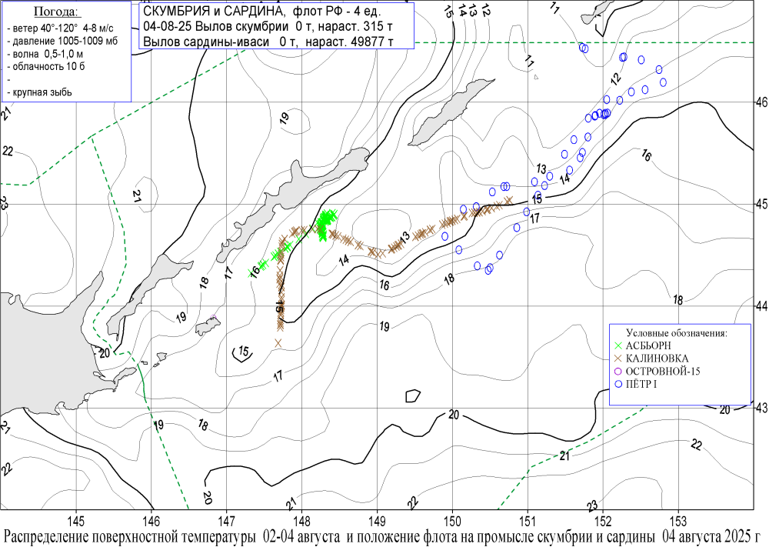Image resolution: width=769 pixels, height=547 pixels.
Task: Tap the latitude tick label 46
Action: pyautogui.click(x=761, y=102)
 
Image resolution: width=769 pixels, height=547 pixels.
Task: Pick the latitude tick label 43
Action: pyautogui.click(x=761, y=407)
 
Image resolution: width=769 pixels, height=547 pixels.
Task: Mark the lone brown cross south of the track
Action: pyautogui.click(x=278, y=342)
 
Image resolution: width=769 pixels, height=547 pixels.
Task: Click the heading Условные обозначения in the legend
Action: pyautogui.click(x=677, y=333)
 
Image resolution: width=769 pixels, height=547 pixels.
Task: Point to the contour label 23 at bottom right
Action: pyautogui.click(x=591, y=505)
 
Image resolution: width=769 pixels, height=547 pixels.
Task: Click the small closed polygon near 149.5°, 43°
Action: pyautogui.click(x=413, y=395)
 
